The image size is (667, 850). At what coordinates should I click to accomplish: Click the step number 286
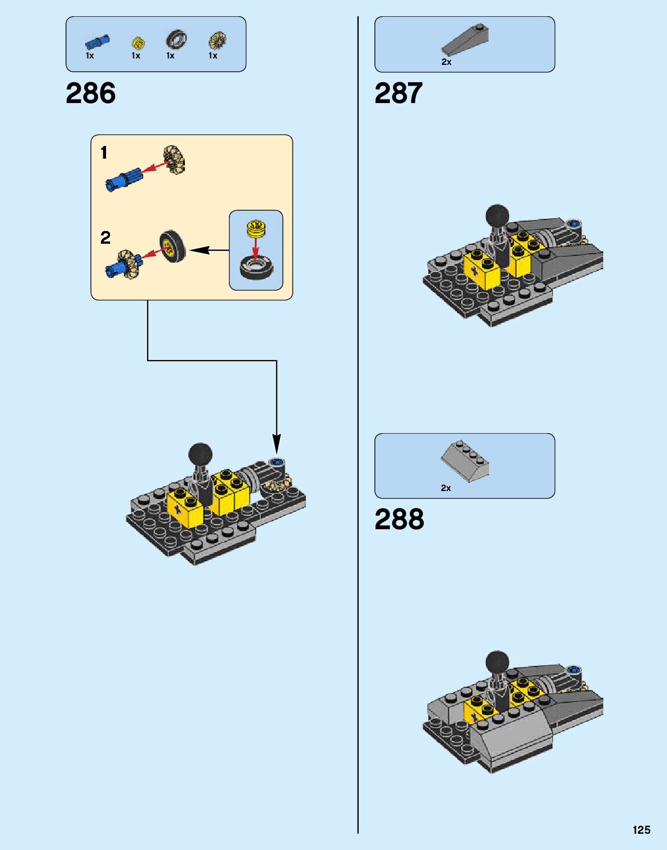point(91,93)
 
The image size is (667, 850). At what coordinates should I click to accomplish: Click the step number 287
point(399,93)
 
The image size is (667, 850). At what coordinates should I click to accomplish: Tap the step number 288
point(399,519)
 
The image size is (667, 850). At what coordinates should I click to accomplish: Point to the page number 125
point(642,830)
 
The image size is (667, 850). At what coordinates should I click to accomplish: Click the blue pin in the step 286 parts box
point(97,42)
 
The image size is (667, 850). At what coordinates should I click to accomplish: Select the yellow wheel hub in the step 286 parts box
point(137,42)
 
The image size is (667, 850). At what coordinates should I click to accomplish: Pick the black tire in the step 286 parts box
point(176,40)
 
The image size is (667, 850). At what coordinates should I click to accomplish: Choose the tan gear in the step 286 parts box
point(217,40)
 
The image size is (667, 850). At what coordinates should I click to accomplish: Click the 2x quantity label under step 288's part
point(446,488)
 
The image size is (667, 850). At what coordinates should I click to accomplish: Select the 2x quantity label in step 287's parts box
point(446,62)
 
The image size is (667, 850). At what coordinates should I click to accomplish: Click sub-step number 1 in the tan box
point(104,153)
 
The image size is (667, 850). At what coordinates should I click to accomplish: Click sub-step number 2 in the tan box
point(105,237)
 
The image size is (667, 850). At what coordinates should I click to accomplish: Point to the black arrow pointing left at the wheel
point(209,250)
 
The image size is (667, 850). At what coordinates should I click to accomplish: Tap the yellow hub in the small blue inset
point(256,228)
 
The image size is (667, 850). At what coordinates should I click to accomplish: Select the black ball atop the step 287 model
point(497,215)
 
